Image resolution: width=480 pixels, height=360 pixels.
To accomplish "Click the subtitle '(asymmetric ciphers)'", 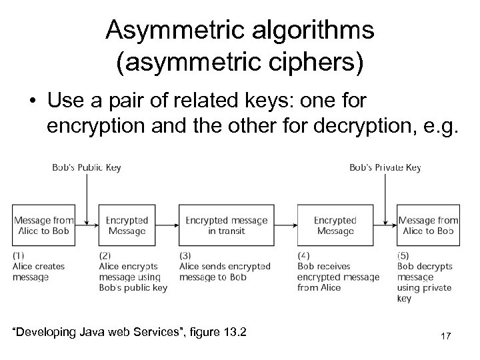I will point(240,64).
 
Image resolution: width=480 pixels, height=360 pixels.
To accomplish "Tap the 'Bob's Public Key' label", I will point(87,168).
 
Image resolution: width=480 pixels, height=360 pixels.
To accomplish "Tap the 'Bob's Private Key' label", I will point(385,168).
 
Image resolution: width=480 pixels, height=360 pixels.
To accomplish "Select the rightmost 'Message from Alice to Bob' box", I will point(428,225).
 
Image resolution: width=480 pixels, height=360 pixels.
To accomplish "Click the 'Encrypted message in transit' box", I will point(227,225).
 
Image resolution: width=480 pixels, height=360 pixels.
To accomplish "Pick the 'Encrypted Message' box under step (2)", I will point(127,225).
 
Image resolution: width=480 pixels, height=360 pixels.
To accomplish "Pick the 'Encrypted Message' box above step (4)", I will point(335,225).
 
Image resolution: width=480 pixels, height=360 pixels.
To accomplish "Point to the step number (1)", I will point(19,255).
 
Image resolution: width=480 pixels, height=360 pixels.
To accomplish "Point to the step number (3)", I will point(186,255).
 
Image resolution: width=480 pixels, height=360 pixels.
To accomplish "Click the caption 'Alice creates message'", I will point(39,271).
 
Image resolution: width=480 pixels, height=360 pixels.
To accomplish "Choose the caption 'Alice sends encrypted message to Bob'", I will point(225,271).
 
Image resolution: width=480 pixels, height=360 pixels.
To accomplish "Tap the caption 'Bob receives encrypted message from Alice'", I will point(337,277).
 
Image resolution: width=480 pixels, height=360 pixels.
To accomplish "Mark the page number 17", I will point(445,337).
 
